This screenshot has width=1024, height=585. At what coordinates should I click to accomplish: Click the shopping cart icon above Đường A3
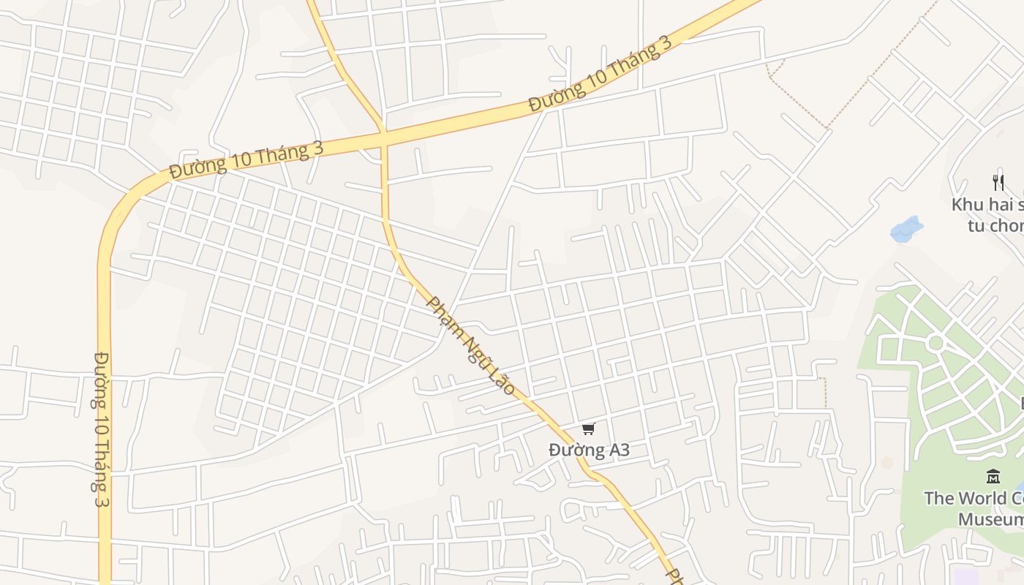point(589,429)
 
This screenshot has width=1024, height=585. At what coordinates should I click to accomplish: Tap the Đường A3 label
point(589,450)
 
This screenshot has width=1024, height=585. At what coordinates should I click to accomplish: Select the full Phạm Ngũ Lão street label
point(472,345)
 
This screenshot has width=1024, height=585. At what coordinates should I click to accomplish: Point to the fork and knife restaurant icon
point(998,182)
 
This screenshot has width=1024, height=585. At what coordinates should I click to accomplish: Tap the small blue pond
point(906,229)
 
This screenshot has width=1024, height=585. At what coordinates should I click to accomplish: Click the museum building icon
point(993,477)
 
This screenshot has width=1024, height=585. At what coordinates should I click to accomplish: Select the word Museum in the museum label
point(991,519)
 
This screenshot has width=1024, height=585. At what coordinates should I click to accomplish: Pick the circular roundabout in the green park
point(935,342)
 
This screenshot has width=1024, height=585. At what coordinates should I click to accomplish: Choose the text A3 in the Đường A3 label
point(616,450)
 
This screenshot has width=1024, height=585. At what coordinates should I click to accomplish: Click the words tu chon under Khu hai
point(995,225)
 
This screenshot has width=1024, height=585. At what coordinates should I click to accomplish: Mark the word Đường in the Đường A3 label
point(574,450)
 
